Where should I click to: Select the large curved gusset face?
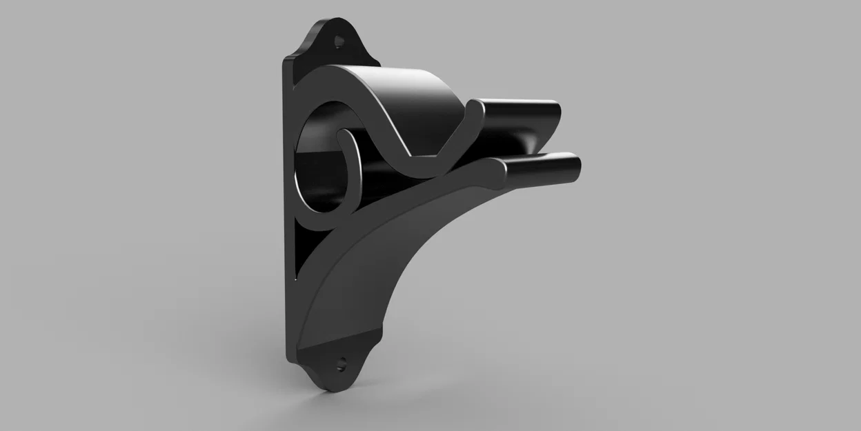tap(373, 269)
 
